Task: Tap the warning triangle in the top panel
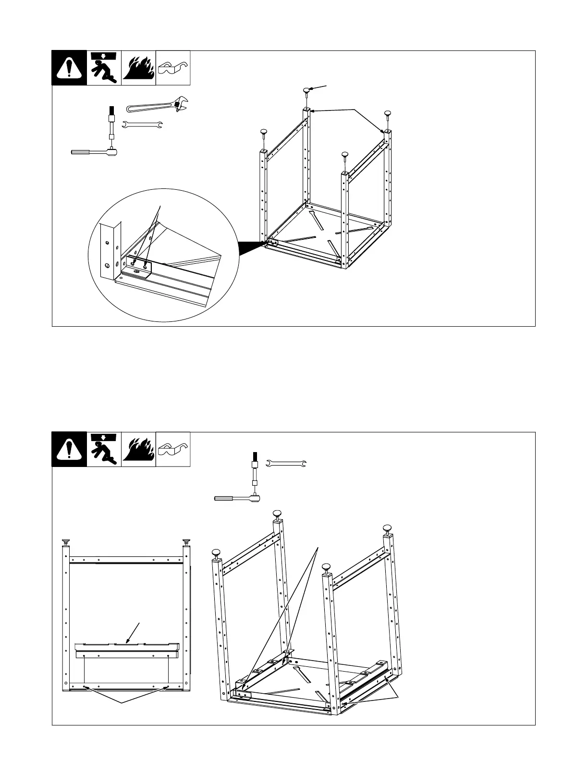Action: [x=69, y=68]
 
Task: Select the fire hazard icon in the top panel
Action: [x=138, y=68]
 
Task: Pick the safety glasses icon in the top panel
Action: [x=173, y=68]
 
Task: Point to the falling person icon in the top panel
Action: [x=104, y=68]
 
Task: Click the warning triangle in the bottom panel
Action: [x=69, y=449]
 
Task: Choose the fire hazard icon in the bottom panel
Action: [x=138, y=449]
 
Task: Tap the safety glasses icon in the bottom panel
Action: [x=173, y=449]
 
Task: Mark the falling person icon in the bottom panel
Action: [x=104, y=449]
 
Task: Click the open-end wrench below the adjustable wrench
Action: [x=143, y=126]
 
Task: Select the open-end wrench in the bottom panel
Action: [x=286, y=464]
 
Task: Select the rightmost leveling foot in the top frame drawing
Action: [x=388, y=114]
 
